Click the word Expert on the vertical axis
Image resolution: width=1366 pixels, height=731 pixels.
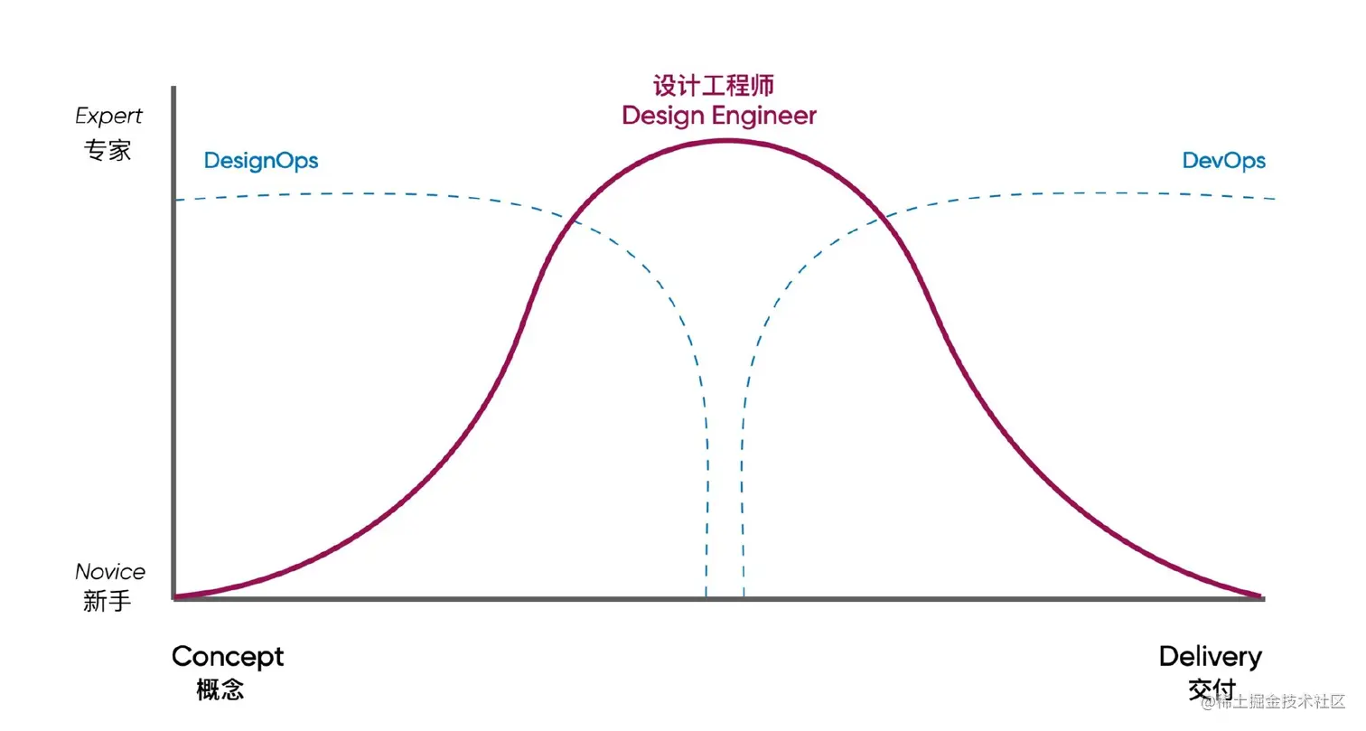click(x=108, y=117)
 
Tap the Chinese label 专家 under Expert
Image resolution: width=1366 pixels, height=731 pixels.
click(x=108, y=150)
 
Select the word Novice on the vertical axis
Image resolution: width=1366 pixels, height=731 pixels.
click(x=109, y=572)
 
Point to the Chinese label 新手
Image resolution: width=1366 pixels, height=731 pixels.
click(x=108, y=602)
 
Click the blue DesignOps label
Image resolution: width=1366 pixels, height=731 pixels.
click(x=261, y=161)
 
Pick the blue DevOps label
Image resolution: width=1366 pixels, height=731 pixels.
click(x=1223, y=161)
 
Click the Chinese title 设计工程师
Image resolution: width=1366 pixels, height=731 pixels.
click(x=714, y=86)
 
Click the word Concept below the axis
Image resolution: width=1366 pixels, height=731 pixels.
click(x=228, y=657)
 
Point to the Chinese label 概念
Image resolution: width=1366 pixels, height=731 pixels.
click(x=220, y=691)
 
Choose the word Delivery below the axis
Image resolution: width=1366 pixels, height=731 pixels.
click(x=1210, y=657)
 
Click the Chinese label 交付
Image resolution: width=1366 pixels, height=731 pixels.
click(x=1212, y=691)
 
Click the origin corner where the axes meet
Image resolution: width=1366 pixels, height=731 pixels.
click(x=173, y=598)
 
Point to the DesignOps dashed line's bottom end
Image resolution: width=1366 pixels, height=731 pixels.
click(x=706, y=595)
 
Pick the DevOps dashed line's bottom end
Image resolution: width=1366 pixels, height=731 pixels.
click(x=744, y=595)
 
